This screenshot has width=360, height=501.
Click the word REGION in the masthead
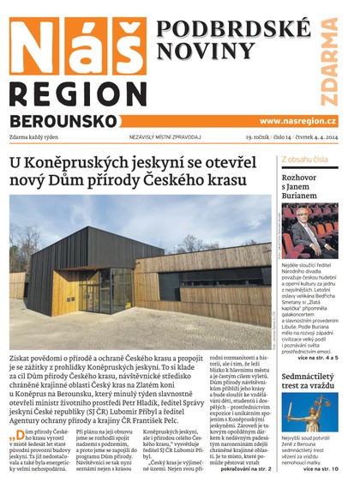click(75, 94)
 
